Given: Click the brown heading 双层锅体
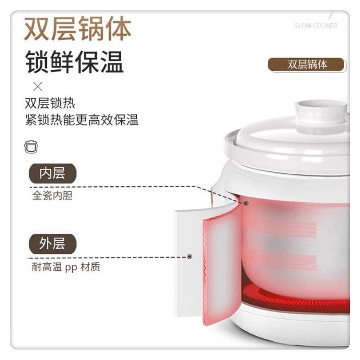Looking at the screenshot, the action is [77, 29].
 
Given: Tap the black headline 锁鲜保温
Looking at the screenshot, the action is [75, 62].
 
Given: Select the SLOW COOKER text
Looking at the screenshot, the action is [316, 26].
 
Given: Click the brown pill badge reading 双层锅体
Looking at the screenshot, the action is [307, 64].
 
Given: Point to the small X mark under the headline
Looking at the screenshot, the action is [38, 87].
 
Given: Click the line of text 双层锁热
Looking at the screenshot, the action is [50, 103].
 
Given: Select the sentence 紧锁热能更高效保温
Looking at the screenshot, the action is [82, 120].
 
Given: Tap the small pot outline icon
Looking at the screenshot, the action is [31, 146].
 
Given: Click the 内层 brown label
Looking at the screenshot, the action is [52, 173].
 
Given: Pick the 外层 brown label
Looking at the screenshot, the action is [52, 244].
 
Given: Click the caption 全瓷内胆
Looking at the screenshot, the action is [52, 196].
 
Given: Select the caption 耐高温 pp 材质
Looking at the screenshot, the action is [66, 267].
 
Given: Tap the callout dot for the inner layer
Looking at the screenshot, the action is [246, 203].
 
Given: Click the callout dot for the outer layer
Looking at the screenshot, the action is [189, 256].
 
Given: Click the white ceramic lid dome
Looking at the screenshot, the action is [292, 135].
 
